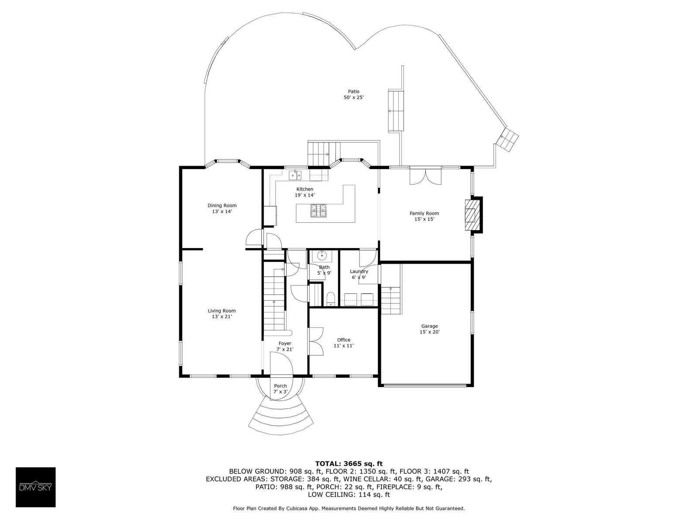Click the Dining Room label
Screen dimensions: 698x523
222,205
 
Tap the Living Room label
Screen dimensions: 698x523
222,311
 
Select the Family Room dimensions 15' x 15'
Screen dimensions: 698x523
424,219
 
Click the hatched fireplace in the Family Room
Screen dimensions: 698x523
471,214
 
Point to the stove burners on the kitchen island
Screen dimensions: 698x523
318,211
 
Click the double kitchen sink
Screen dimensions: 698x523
296,176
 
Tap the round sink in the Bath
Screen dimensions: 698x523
323,255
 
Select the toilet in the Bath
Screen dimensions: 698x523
330,299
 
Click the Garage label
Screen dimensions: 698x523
429,326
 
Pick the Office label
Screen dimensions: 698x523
344,340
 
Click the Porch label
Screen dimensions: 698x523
281,386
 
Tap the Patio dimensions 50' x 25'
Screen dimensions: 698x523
353,98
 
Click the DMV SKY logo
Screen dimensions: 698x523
35,487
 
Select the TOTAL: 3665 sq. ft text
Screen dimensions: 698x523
349,463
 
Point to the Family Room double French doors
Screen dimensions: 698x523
425,177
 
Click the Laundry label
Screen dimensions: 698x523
359,272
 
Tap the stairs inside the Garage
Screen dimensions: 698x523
391,301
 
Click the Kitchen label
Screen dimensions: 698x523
305,189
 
